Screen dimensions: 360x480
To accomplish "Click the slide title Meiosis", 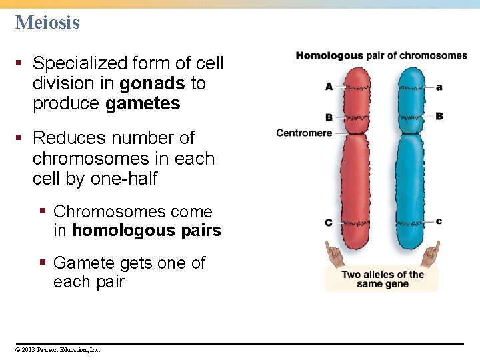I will [x=47, y=23].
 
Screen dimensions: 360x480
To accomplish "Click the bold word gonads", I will [x=153, y=83].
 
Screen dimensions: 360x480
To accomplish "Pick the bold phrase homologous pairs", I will [x=146, y=231].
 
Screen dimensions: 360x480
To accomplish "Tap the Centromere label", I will [x=304, y=133].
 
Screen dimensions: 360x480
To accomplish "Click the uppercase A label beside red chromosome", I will [x=329, y=87].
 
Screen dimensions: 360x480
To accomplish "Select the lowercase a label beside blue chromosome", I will [x=439, y=87].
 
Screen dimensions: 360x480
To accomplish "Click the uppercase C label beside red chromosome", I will [x=328, y=222].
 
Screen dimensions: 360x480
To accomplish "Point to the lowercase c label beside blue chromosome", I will [x=439, y=221].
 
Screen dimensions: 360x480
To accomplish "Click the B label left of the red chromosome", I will [x=329, y=117].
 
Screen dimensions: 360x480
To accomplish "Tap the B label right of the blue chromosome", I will [x=439, y=116].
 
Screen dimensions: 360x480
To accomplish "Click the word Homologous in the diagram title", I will [x=329, y=55].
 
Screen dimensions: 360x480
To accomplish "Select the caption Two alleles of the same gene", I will [x=383, y=279].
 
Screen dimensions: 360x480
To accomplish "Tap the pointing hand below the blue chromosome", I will [x=431, y=254].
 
